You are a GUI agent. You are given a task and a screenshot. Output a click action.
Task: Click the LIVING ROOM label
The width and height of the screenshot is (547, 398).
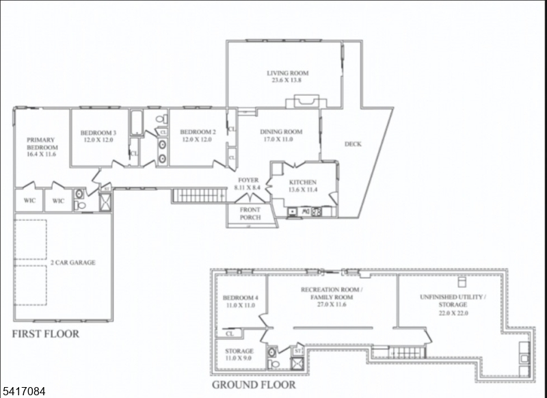click(287, 73)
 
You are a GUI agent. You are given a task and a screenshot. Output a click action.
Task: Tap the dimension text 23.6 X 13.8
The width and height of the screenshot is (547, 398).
click(286, 80)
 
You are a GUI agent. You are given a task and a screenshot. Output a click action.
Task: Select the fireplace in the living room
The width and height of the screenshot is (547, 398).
click(306, 101)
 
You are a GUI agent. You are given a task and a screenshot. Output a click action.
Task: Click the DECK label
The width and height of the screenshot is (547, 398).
click(353, 144)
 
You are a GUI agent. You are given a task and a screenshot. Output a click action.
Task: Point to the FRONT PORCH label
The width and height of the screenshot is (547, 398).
click(250, 213)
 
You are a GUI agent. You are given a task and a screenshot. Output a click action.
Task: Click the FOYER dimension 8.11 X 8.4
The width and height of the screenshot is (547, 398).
click(248, 187)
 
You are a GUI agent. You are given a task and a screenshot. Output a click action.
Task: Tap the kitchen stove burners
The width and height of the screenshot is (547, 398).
click(316, 212)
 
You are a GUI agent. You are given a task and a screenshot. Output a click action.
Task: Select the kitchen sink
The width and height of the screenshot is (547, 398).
click(292, 212)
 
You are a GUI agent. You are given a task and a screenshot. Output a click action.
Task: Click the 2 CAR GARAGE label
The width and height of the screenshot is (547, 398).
click(73, 263)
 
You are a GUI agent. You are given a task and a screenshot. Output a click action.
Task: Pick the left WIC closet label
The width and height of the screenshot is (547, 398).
click(29, 200)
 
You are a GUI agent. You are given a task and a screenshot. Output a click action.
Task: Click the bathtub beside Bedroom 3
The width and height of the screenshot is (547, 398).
click(136, 123)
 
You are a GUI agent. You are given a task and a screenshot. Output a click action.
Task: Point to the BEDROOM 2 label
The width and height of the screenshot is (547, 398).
click(198, 132)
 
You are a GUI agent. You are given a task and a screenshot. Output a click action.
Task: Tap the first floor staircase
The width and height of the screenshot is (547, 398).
click(199, 196)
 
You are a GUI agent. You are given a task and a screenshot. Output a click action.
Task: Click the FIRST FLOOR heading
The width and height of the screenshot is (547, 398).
click(46, 334)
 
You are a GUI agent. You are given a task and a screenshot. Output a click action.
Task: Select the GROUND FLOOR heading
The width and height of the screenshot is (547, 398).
click(254, 385)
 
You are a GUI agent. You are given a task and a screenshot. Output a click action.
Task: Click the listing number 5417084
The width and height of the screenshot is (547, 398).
click(23, 391)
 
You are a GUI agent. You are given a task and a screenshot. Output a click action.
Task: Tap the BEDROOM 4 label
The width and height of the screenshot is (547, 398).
click(241, 298)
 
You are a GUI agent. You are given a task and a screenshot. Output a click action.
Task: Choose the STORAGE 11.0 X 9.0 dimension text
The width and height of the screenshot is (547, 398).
click(238, 358)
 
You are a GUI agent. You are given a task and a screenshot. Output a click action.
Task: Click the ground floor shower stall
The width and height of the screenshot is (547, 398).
click(297, 364)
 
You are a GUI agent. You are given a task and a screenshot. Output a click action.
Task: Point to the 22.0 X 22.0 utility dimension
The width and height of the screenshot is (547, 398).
click(453, 313)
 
